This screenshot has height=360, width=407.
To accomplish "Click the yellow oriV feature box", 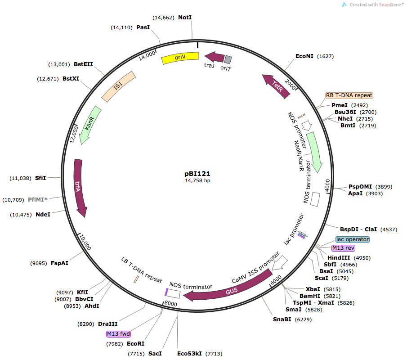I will coord(180,58).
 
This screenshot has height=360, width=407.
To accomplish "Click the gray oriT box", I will coord(228,59).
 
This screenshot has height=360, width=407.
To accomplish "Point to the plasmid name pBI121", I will coord(197,173).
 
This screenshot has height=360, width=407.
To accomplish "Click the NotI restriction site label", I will coord(185,18).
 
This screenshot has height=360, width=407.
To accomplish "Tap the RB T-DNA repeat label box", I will coord(349,95).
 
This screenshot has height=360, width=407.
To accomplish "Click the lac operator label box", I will coord(353,239).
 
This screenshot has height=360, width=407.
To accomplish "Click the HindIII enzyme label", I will coord(340,257).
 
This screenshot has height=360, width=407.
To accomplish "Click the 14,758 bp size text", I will coord(197,180).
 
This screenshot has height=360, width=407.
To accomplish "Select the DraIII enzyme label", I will coord(107,323).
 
